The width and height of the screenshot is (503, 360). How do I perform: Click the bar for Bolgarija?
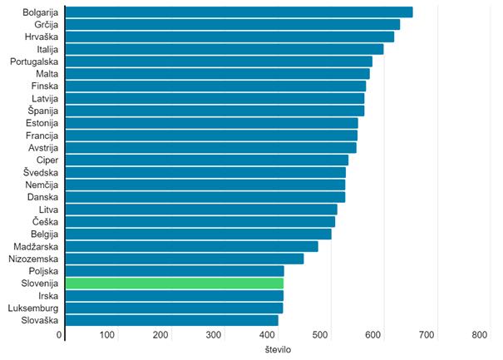[239, 12]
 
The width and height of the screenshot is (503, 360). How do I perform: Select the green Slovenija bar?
[175, 283]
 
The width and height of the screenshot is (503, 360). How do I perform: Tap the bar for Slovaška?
[171, 320]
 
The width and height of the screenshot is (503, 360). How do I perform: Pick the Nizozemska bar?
[184, 259]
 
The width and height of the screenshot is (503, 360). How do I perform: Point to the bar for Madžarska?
[191, 246]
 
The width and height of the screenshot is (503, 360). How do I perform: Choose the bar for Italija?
[224, 49]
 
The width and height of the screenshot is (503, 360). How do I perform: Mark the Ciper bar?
[206, 160]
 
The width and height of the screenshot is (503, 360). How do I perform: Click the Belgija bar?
[198, 234]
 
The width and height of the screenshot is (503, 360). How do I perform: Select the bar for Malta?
[217, 74]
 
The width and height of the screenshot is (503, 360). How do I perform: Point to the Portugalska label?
[34, 62]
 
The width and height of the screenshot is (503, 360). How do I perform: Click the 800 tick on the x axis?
[480, 334]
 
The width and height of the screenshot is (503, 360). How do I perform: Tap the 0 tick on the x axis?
[60, 334]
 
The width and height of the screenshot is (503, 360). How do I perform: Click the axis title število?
[275, 349]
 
